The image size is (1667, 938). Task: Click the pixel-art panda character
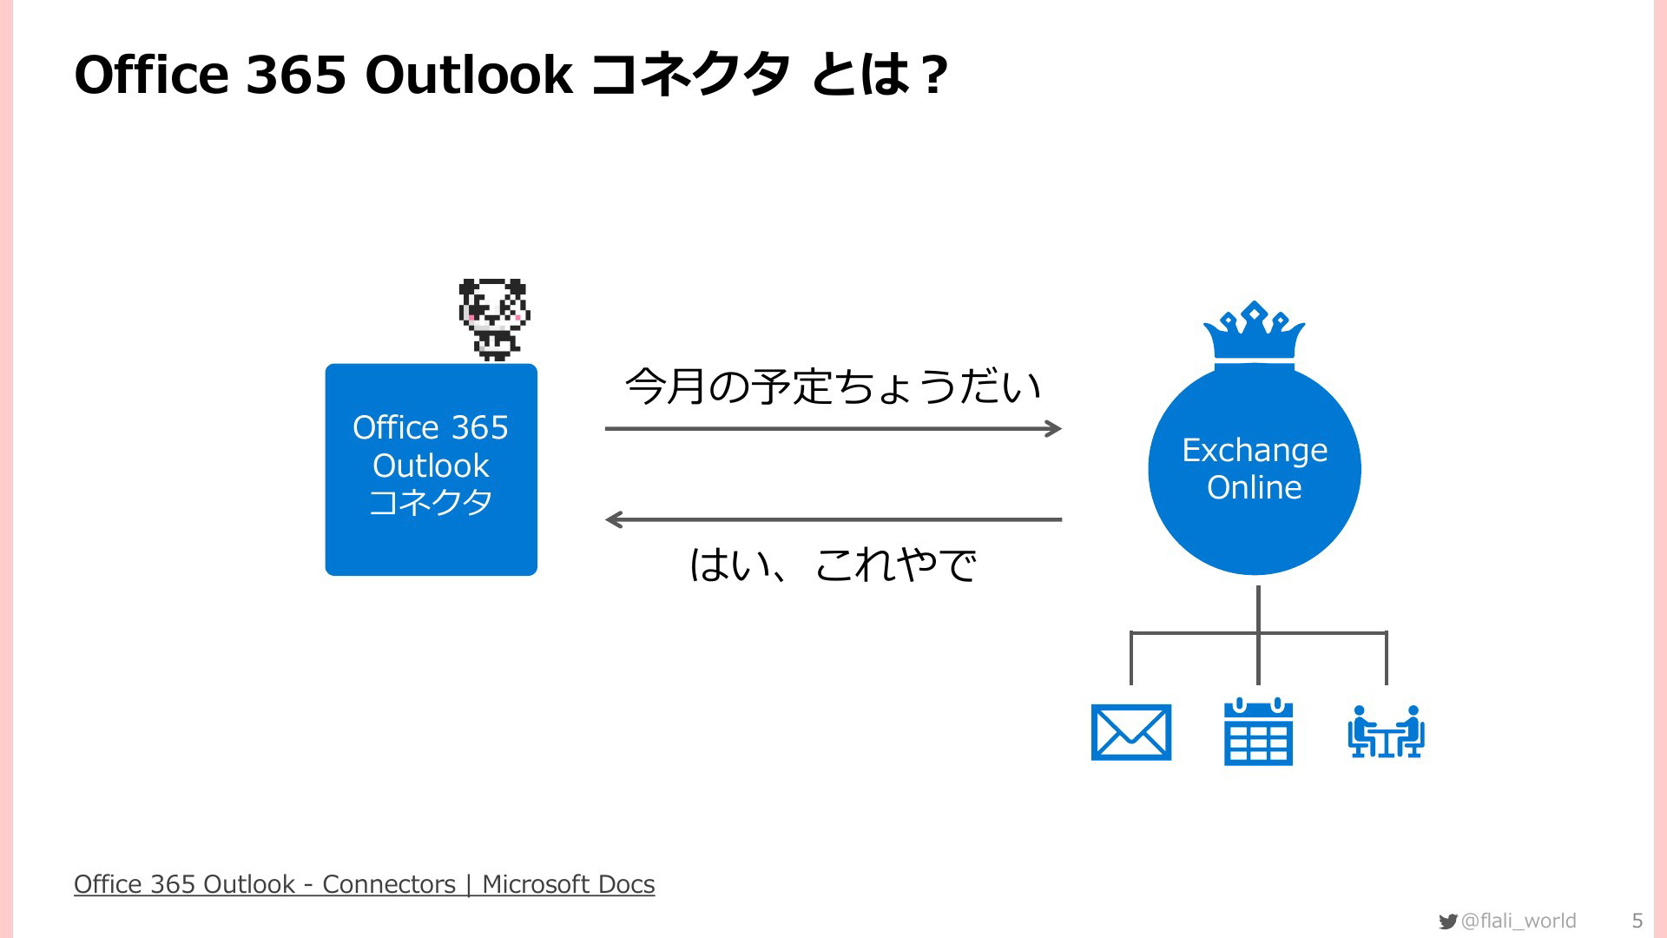pyautogui.click(x=494, y=320)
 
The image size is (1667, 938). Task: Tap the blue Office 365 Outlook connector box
pyautogui.click(x=432, y=470)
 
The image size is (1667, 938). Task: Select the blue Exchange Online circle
pyautogui.click(x=1255, y=469)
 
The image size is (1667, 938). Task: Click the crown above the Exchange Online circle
pyautogui.click(x=1255, y=332)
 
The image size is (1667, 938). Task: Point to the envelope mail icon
pyautogui.click(x=1131, y=732)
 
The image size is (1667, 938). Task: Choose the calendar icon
pyautogui.click(x=1258, y=731)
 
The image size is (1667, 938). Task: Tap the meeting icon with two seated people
pyautogui.click(x=1386, y=731)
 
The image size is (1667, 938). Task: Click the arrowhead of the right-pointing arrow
pyautogui.click(x=1054, y=428)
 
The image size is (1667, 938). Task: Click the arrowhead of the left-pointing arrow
pyautogui.click(x=614, y=519)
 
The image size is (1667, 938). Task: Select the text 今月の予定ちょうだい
pyautogui.click(x=833, y=386)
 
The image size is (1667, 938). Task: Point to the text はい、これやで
pyautogui.click(x=833, y=565)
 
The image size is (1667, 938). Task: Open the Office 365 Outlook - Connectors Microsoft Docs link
pyautogui.click(x=365, y=884)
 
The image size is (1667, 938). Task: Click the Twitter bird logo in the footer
pyautogui.click(x=1447, y=921)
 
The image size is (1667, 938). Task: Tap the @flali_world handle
pyautogui.click(x=1519, y=921)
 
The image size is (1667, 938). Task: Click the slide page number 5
pyautogui.click(x=1637, y=921)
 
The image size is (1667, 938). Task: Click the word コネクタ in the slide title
pyautogui.click(x=690, y=75)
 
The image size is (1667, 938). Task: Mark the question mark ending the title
pyautogui.click(x=935, y=75)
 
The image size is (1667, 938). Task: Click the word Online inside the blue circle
pyautogui.click(x=1255, y=487)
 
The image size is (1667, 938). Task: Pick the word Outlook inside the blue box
pyautogui.click(x=432, y=466)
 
